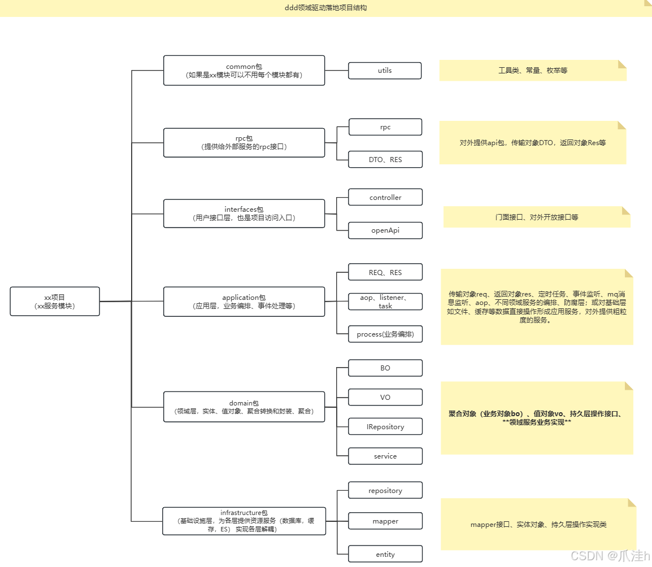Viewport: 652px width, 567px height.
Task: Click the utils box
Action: coord(385,71)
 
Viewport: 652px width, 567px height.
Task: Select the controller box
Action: coord(385,197)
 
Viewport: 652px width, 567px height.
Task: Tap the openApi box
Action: coord(385,230)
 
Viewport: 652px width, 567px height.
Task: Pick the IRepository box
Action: coord(385,426)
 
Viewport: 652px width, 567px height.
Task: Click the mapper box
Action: coord(385,521)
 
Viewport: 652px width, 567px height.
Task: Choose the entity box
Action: coord(385,554)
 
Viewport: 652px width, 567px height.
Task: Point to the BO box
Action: coord(385,368)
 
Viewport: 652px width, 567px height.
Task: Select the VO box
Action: coord(385,397)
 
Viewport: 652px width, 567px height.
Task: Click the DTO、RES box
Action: coord(385,159)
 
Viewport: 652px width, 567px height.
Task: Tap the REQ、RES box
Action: coord(385,272)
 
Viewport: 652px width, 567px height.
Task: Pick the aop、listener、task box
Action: coord(385,302)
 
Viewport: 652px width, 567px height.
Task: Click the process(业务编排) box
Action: coord(385,334)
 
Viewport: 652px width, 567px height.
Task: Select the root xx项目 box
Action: coord(55,301)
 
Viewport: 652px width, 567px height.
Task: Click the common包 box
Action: coord(244,71)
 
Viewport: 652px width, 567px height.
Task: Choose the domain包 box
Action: coord(244,407)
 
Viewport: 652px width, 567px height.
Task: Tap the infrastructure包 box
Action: coord(244,521)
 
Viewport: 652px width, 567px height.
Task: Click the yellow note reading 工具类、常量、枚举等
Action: coord(533,71)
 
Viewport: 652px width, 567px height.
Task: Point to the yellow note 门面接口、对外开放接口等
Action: coord(537,217)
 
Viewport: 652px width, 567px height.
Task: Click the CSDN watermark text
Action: coord(610,556)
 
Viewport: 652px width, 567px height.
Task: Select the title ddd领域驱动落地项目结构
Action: coord(326,8)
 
